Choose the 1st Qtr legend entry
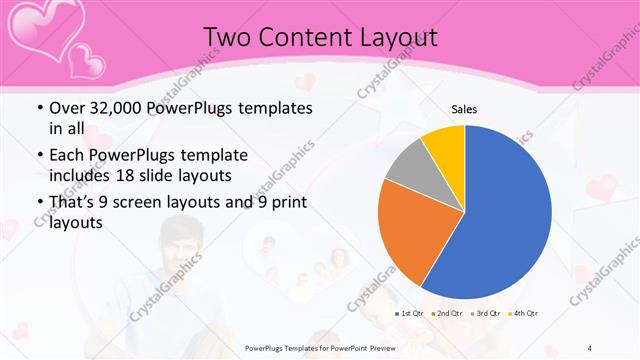pos(411,313)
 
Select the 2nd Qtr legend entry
pos(448,313)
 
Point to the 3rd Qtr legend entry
pos(485,313)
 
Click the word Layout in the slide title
pos(399,37)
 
